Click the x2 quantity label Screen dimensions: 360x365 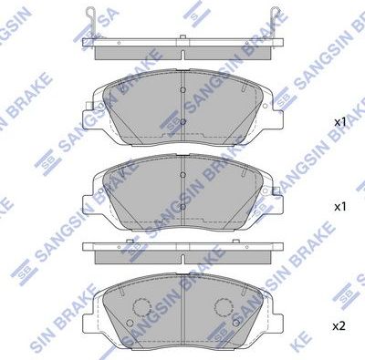(x=339, y=325)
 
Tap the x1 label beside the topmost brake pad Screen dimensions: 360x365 (x=339, y=121)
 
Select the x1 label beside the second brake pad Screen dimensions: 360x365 (x=339, y=207)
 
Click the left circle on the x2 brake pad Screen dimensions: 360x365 (x=141, y=306)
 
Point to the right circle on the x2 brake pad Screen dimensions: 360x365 (x=224, y=306)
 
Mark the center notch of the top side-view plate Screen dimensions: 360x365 (x=182, y=43)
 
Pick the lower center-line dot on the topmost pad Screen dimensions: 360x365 (x=182, y=121)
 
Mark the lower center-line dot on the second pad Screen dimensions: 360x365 (x=182, y=204)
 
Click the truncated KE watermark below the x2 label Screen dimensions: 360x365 (x=351, y=348)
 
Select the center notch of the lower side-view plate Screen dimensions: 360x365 (x=182, y=247)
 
